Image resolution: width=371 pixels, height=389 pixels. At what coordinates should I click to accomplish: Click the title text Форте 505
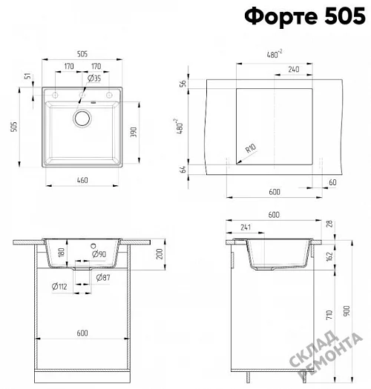coord(305,16)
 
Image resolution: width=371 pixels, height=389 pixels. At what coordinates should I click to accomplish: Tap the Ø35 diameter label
coord(94,79)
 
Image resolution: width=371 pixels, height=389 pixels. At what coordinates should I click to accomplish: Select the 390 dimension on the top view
coord(134,132)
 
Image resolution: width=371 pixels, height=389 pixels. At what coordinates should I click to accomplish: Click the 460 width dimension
coord(82,180)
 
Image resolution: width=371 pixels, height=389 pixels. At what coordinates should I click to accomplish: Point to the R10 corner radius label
coord(251,148)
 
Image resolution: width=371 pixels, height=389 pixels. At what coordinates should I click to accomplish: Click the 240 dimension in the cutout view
coord(294,69)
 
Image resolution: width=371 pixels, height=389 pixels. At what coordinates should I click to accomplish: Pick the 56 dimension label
coord(183,83)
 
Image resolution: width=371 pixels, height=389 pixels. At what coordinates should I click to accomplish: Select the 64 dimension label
coord(183,170)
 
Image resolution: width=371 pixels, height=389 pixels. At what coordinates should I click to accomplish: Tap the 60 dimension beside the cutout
coord(332,182)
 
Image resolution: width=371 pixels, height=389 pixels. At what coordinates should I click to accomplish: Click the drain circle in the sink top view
coord(82,119)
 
